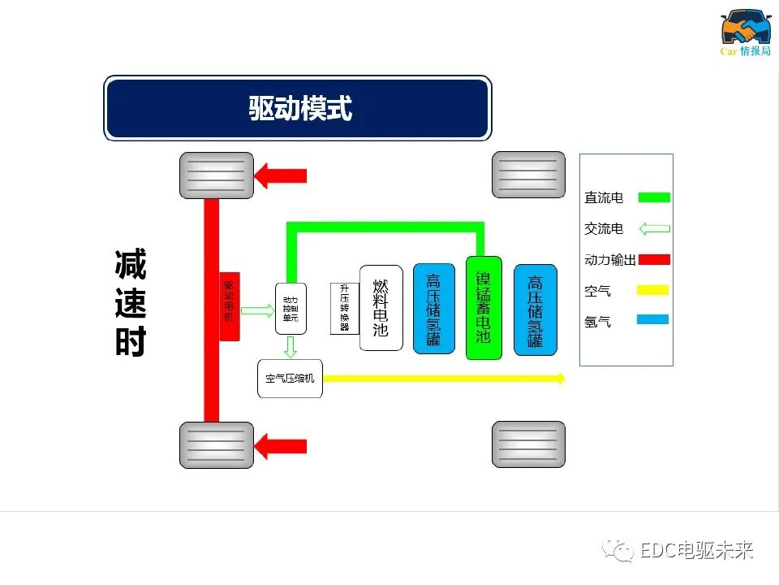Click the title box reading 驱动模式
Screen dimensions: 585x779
[x=298, y=108]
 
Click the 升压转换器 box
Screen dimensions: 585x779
[x=345, y=308]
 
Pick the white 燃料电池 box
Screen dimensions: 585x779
[x=381, y=308]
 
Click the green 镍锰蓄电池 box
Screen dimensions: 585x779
[x=484, y=308]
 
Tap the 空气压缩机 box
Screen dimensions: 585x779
[x=290, y=379]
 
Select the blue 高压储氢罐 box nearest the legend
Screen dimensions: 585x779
[x=536, y=310]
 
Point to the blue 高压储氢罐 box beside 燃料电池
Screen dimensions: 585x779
[x=433, y=309]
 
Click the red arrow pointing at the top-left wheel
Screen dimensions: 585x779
[x=281, y=175]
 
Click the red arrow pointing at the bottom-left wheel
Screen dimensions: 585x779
[x=281, y=445]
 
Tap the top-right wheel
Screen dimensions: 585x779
[x=528, y=175]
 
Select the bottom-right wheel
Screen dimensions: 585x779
[x=528, y=444]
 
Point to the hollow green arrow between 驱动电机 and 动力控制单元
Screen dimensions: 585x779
[x=258, y=310]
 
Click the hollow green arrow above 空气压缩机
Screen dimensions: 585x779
[x=291, y=347]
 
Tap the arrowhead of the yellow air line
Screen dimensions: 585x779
[x=560, y=378]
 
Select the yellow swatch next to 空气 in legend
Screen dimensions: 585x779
[x=653, y=290]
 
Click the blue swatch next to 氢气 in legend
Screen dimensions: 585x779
[x=653, y=320]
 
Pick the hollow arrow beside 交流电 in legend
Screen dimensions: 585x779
[x=654, y=229]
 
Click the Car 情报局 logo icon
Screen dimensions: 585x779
[x=746, y=28]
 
